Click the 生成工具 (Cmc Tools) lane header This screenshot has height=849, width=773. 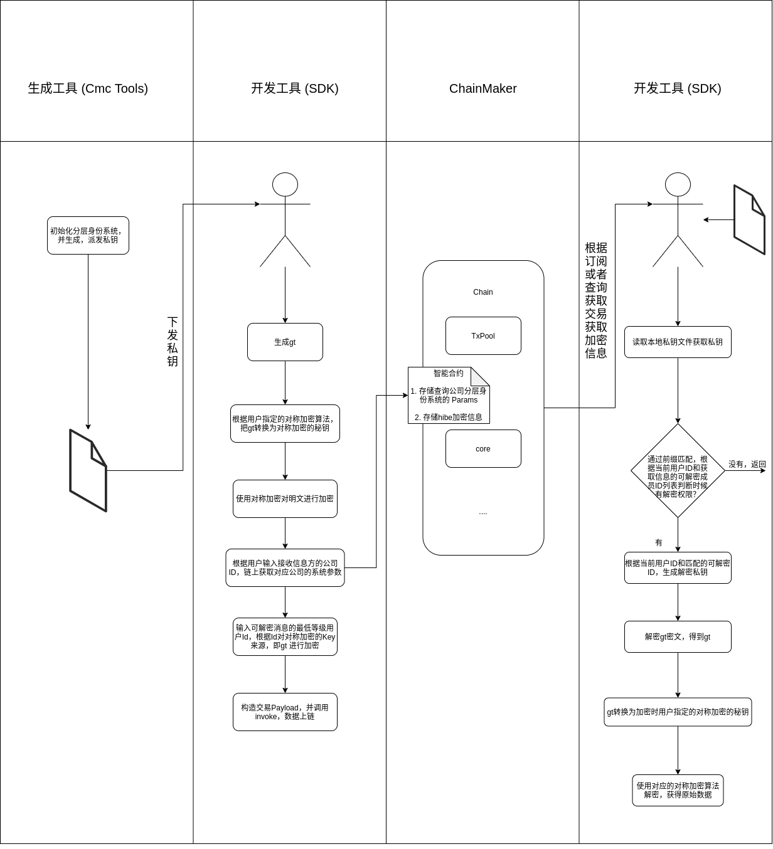(x=88, y=88)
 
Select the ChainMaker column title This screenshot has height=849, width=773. (x=482, y=88)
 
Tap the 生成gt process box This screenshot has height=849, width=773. (x=285, y=342)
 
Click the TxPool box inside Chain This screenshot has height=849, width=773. (x=483, y=336)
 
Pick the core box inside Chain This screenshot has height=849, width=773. (x=483, y=449)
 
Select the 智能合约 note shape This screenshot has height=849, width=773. (x=448, y=396)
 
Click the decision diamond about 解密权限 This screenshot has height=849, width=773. (x=678, y=471)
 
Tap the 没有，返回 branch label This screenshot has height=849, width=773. (x=747, y=465)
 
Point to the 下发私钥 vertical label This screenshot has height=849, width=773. (x=173, y=342)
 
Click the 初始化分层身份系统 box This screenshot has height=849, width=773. (x=88, y=236)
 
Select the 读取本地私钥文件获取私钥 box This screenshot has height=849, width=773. (x=678, y=342)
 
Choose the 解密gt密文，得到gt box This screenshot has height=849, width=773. (x=678, y=637)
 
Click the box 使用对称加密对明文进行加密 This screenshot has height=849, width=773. (x=285, y=499)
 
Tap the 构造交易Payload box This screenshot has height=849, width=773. (x=285, y=712)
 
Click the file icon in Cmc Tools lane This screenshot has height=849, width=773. (x=88, y=471)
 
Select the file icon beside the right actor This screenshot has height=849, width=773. (x=749, y=220)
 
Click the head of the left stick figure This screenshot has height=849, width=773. (x=285, y=185)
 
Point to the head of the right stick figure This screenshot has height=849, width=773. (x=678, y=185)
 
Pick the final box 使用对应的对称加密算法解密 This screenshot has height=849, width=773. (x=678, y=790)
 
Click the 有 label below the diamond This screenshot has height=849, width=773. (x=659, y=543)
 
